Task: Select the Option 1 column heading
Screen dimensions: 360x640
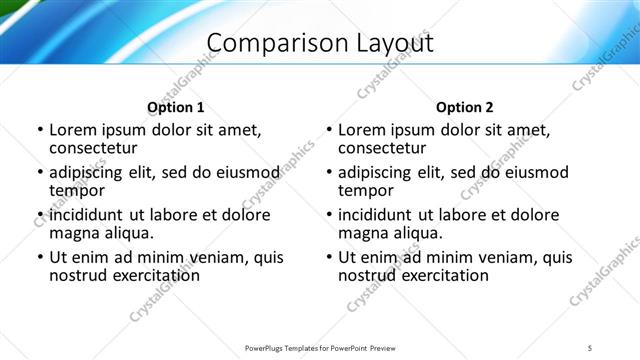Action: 176,107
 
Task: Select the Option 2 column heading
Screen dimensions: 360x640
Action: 465,107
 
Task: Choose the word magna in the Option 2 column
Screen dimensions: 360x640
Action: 361,232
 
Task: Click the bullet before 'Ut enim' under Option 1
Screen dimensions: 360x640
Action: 39,257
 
